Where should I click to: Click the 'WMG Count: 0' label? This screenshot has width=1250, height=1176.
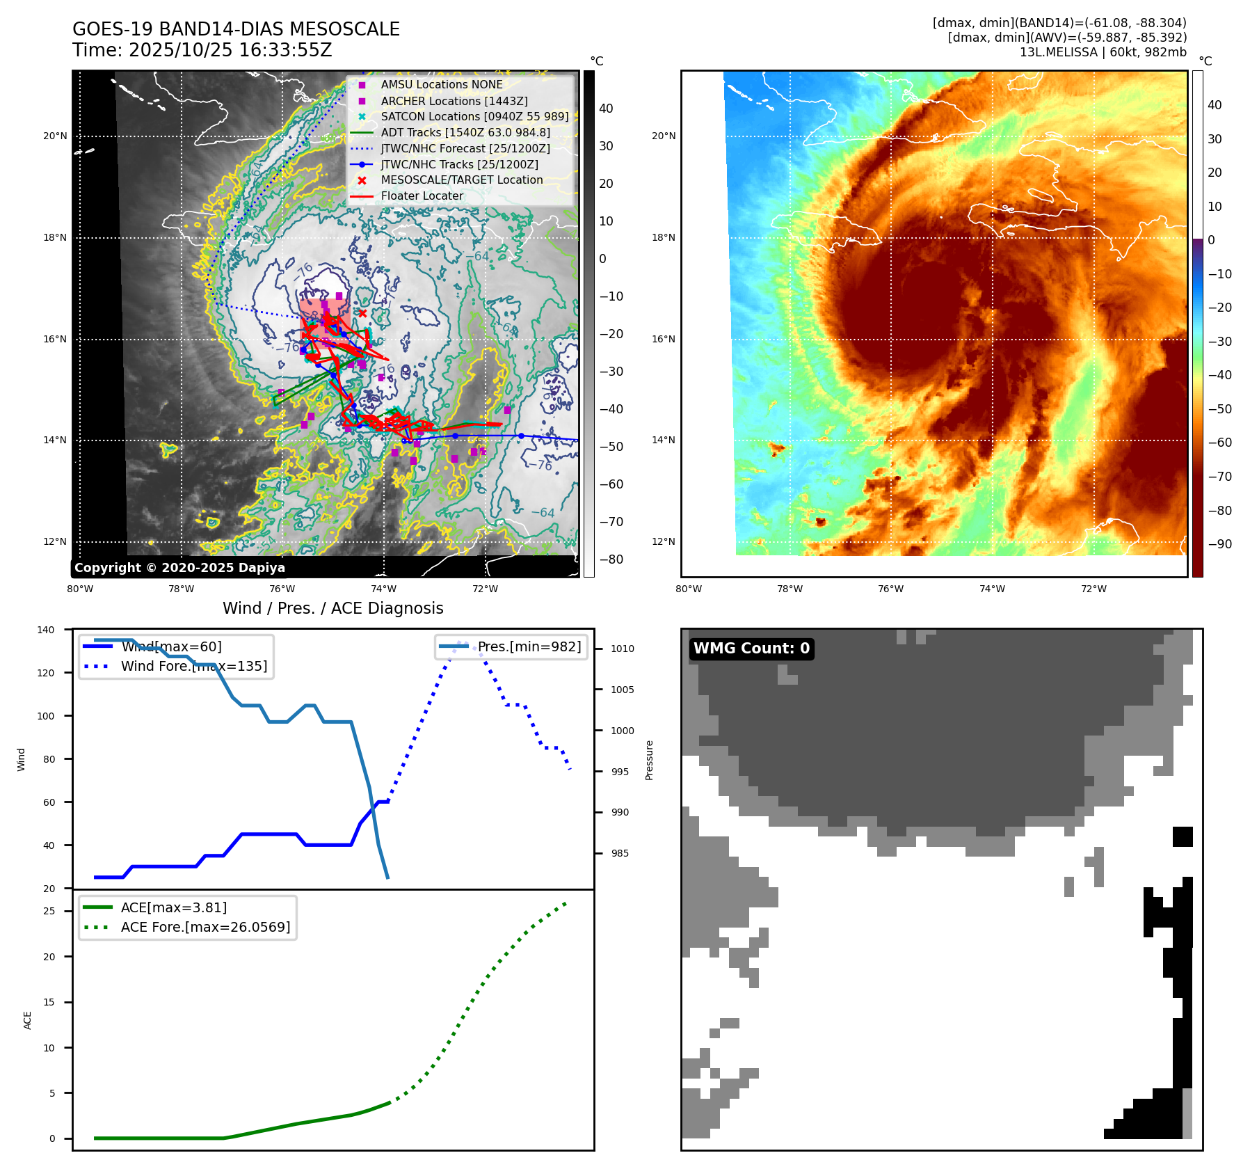(x=751, y=649)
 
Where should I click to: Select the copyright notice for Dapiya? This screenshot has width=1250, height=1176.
(x=179, y=568)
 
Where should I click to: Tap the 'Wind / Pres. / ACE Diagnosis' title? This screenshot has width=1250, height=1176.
(x=332, y=608)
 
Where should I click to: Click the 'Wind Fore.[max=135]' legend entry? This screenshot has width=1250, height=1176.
(x=193, y=666)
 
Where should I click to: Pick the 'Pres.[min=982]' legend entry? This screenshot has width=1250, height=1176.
(x=529, y=646)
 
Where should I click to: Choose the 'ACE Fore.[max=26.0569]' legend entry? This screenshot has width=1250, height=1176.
(x=205, y=927)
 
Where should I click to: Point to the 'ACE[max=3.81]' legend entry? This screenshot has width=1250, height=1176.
(x=174, y=907)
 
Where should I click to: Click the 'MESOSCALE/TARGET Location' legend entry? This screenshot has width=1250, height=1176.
(x=461, y=180)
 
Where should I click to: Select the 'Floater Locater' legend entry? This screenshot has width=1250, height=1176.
(x=422, y=196)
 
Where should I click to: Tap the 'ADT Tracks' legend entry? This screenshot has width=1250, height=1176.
(x=465, y=132)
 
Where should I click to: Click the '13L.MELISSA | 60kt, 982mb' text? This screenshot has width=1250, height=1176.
(x=1103, y=52)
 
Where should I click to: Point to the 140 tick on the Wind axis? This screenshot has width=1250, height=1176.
(x=46, y=630)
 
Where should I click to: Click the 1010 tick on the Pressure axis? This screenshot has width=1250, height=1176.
(x=623, y=649)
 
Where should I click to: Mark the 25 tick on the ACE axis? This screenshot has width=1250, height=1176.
(x=49, y=911)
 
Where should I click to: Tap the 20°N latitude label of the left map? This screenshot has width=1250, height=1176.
(x=55, y=136)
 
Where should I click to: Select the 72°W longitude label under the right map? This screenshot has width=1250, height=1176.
(x=1093, y=589)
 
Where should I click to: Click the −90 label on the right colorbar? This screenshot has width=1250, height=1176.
(x=1219, y=544)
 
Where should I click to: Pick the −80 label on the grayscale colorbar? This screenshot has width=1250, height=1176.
(x=611, y=559)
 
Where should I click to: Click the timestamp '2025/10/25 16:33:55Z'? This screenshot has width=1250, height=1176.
(x=230, y=51)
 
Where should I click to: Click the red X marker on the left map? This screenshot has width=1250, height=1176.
(x=362, y=313)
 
